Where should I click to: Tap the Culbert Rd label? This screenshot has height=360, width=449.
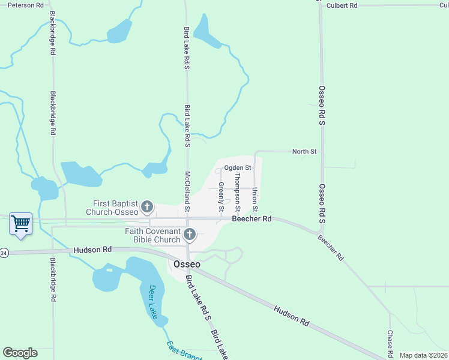pos(342,5)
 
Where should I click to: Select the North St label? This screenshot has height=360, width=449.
pos(304,152)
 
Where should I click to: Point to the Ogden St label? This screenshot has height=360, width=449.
pos(237,168)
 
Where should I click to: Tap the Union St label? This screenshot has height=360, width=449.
pos(255,199)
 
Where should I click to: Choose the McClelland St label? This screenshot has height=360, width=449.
pos(187,191)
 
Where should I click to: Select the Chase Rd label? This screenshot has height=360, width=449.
pos(390,343)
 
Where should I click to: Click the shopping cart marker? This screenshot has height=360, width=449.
pos(21,224)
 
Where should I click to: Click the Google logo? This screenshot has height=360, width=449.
pos(20,353)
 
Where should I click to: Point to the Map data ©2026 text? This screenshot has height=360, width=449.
pos(424,355)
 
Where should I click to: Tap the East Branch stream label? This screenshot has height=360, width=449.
pos(184,352)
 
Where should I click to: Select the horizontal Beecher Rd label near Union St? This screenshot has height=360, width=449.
pos(252,219)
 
